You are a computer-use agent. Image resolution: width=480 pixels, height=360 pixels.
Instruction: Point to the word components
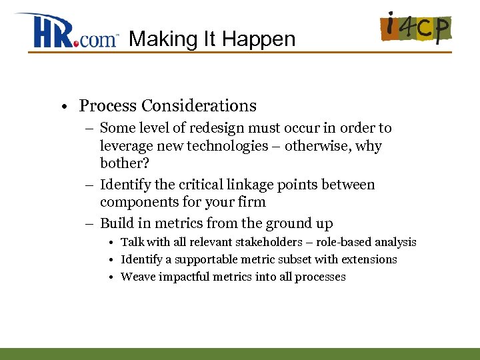(138, 203)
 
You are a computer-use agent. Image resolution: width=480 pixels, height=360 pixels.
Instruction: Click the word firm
(251, 202)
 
